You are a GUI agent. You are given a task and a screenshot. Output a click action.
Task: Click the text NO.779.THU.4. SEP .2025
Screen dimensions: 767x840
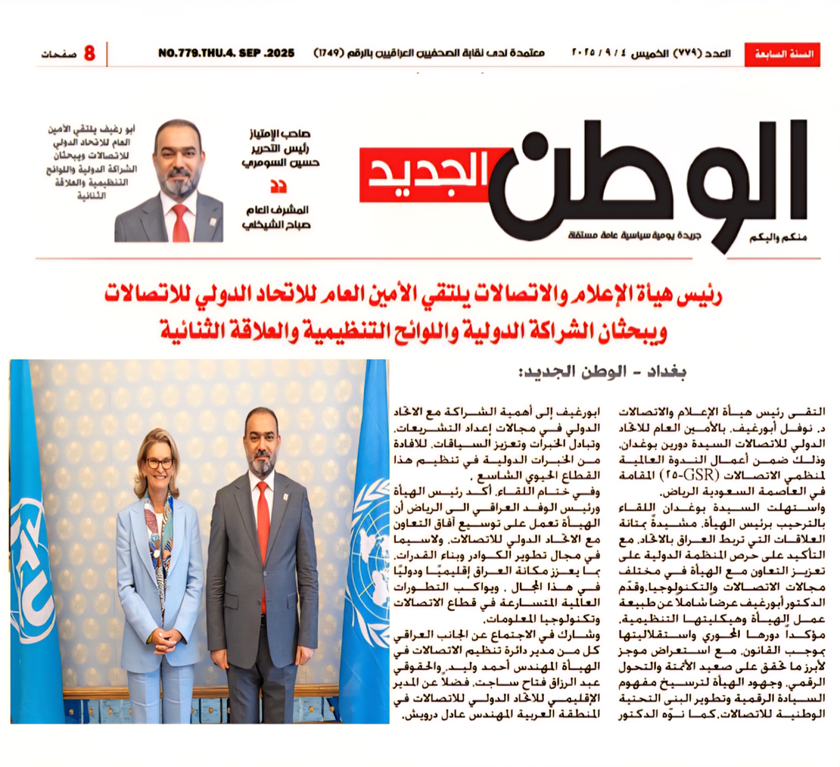coord(226,53)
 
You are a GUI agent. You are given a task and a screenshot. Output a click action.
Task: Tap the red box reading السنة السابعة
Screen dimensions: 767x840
coord(782,54)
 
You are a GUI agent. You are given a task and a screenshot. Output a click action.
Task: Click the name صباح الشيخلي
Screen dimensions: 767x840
coord(276,225)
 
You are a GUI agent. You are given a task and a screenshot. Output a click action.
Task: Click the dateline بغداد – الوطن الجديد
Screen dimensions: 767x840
coord(602,372)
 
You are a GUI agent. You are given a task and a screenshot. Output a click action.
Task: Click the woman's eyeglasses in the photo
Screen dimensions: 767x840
coord(159,463)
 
